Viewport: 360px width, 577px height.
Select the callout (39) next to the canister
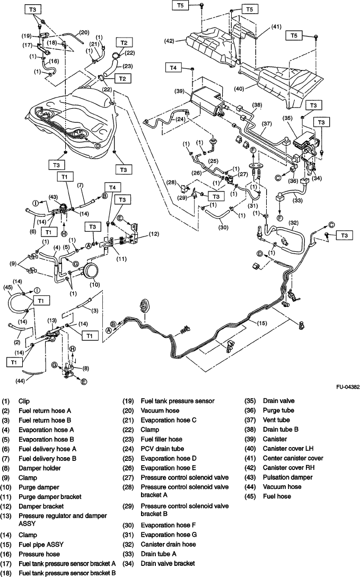[x=180, y=92]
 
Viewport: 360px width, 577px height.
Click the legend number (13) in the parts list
[x=8, y=515]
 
